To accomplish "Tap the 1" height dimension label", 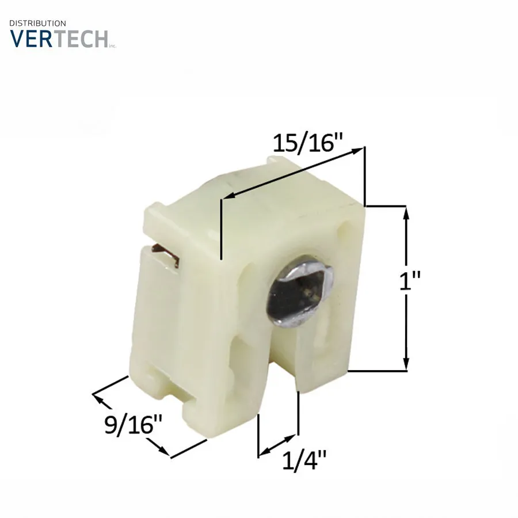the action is pyautogui.click(x=410, y=281).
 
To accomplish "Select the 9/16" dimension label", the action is pyautogui.click(x=133, y=425).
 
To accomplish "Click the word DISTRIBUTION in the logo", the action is pyautogui.click(x=37, y=24).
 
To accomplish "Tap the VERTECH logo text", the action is pyautogui.click(x=59, y=39).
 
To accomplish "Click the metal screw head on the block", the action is pyautogui.click(x=300, y=291).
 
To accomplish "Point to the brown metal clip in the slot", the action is pyautogui.click(x=165, y=255).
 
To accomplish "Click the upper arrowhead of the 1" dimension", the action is pyautogui.click(x=406, y=214).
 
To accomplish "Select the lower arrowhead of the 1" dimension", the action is pyautogui.click(x=406, y=363).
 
